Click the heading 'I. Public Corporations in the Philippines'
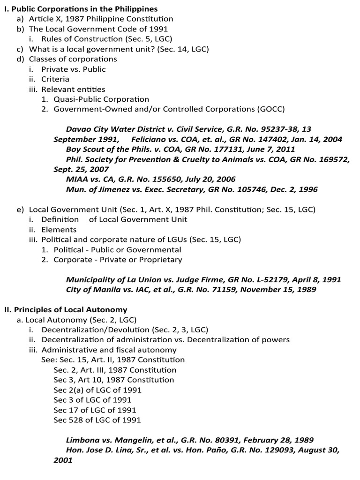coord(81,9)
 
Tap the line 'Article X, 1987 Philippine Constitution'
coord(101,19)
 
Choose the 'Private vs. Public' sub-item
coord(74,69)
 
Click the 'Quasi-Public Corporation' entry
coord(101,99)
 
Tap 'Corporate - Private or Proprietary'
coord(118,260)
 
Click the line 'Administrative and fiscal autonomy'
coord(109,350)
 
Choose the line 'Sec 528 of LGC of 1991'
coord(97,420)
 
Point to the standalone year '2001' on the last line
coord(63,460)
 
